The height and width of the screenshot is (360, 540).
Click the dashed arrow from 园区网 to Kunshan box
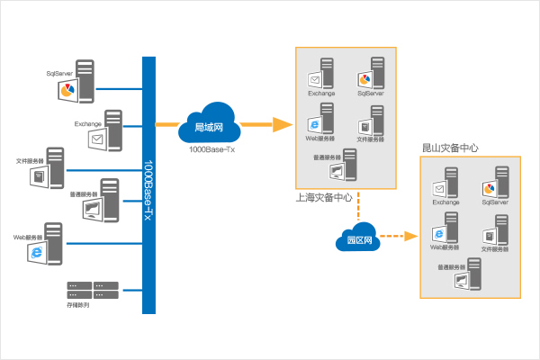(x=396, y=238)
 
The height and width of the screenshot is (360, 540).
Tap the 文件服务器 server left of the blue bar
(x=49, y=166)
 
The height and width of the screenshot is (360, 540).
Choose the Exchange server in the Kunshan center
(x=445, y=184)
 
